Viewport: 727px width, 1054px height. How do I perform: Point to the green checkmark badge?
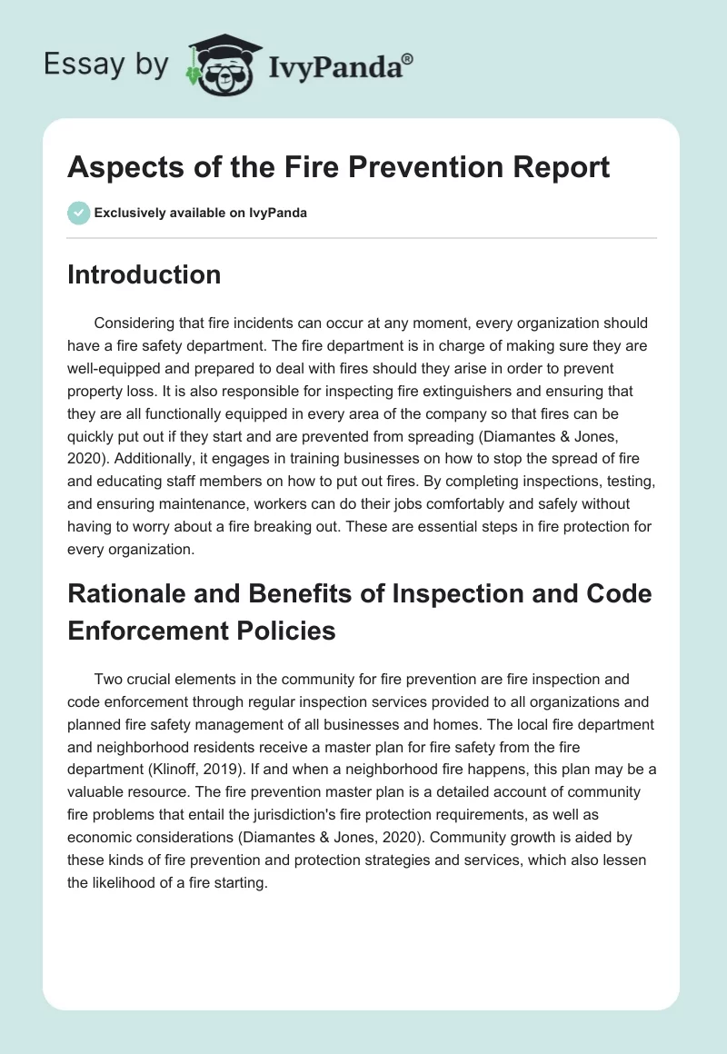coord(78,213)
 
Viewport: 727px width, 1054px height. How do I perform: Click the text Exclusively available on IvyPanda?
coord(200,213)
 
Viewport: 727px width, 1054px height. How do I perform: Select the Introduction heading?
coord(144,275)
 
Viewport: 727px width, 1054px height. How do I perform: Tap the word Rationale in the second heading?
coord(128,593)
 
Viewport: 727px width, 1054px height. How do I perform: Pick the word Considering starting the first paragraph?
coord(144,323)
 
